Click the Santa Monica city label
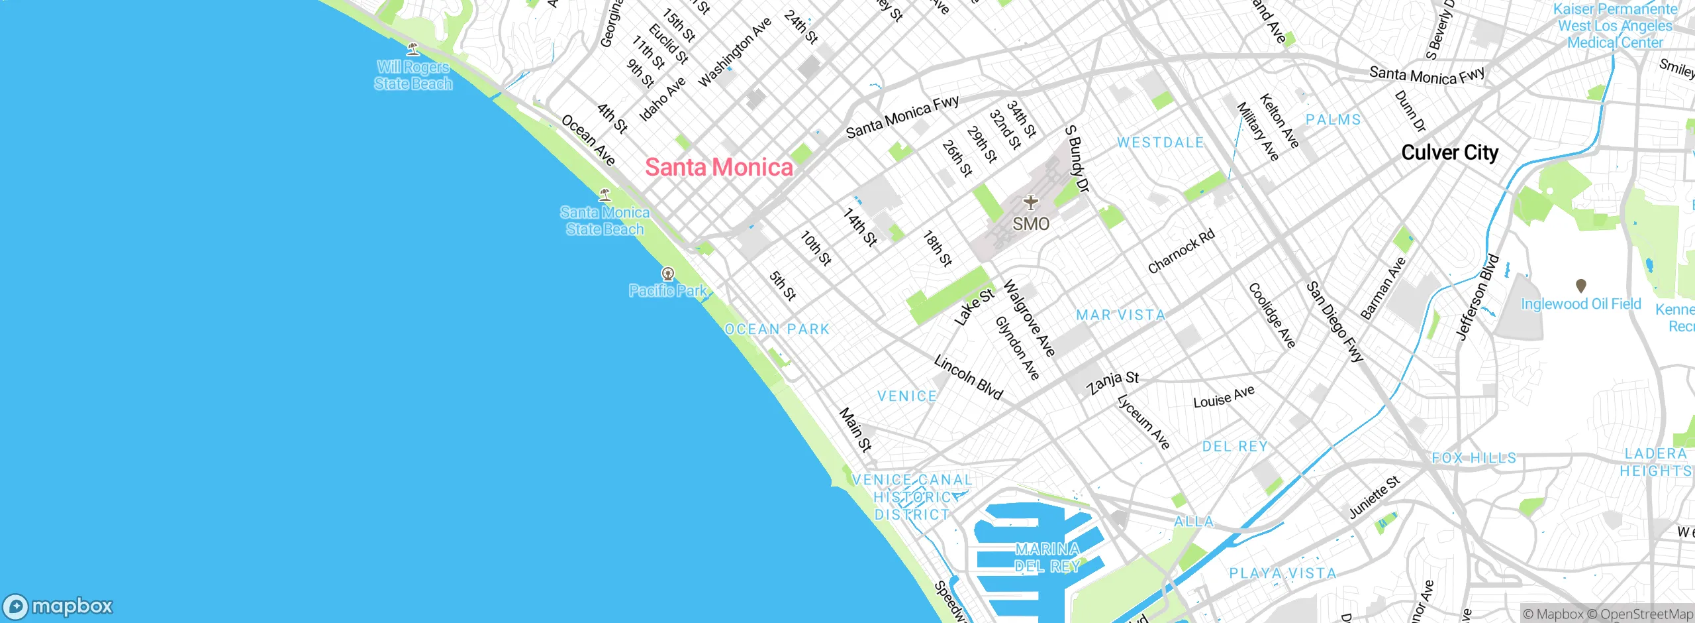tap(719, 167)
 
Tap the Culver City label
tap(1449, 152)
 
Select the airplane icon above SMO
tap(1030, 201)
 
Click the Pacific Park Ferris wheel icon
tap(668, 274)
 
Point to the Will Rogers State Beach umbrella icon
tap(413, 48)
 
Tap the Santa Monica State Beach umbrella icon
tap(605, 195)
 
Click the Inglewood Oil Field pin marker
tap(1581, 286)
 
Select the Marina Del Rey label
tap(1047, 557)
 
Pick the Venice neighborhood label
tap(907, 396)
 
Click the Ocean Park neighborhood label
tap(777, 329)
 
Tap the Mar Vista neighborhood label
tap(1120, 315)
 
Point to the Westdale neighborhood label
tap(1160, 142)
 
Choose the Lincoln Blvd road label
tap(968, 377)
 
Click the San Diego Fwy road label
tap(1335, 322)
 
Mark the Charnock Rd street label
tap(1181, 251)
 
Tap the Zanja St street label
tap(1112, 382)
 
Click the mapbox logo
tap(58, 606)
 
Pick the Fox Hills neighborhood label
tap(1474, 458)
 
